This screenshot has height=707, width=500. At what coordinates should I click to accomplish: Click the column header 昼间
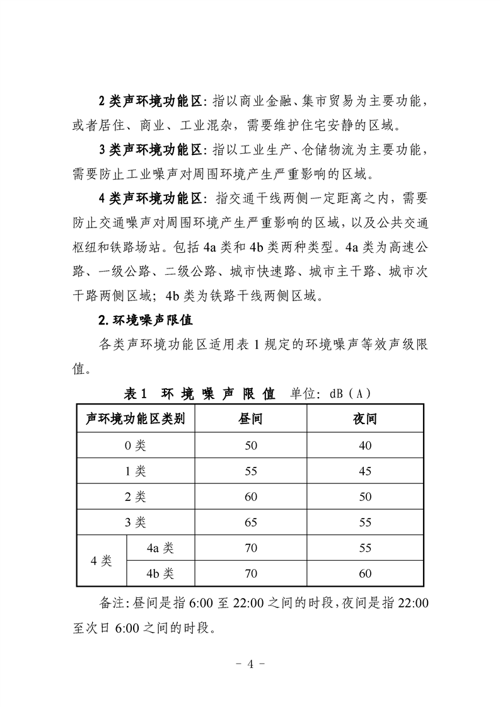click(251, 420)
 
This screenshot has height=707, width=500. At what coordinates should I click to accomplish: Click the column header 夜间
click(365, 420)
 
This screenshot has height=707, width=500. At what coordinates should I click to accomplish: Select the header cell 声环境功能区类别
click(136, 420)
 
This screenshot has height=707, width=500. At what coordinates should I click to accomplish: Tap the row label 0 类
click(136, 445)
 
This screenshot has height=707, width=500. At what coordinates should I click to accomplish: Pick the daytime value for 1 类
click(251, 471)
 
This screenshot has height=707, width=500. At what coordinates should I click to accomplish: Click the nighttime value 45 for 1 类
click(365, 471)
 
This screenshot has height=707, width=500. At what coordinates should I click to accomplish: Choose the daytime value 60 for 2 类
click(251, 497)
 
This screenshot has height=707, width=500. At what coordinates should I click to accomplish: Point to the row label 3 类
click(136, 522)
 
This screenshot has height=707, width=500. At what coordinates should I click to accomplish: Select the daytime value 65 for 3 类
click(251, 522)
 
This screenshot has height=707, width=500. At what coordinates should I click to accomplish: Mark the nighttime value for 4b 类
click(365, 574)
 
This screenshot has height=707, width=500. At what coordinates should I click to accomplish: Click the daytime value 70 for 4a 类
click(251, 548)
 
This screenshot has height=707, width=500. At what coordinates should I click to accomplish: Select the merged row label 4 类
click(102, 561)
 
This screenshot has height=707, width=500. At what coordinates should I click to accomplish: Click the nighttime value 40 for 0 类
click(365, 445)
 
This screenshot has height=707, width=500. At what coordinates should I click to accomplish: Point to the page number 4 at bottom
click(250, 664)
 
